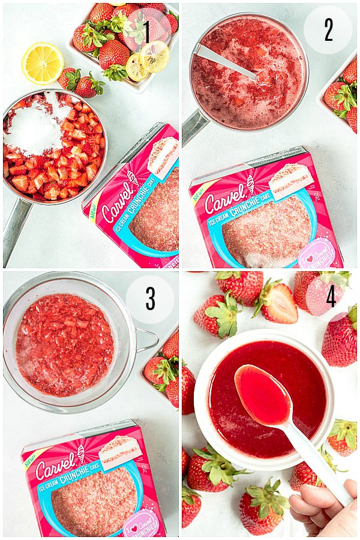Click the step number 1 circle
146,31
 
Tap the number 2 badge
328,30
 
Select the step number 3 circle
150,299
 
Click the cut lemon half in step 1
43,62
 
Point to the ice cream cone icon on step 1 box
133,178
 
